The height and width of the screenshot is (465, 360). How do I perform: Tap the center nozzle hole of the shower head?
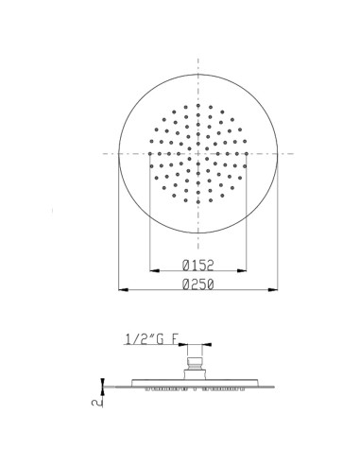tap(197, 151)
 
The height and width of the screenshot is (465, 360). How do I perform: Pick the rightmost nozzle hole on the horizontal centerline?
tap(244, 151)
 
